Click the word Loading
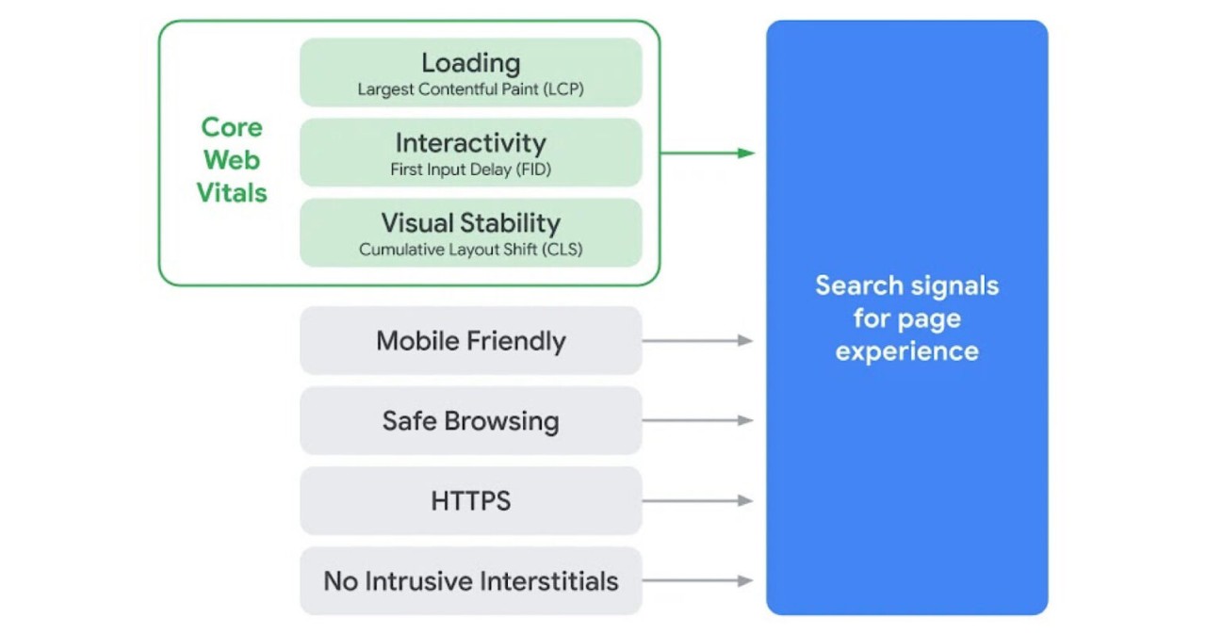click(x=470, y=63)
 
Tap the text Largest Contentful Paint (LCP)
click(x=470, y=90)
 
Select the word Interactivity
click(x=470, y=143)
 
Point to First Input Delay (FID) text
click(x=470, y=171)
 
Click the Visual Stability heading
click(x=470, y=223)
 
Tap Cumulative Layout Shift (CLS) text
click(x=470, y=251)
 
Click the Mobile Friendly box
click(x=470, y=341)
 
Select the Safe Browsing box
click(x=470, y=421)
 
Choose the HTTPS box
click(x=470, y=501)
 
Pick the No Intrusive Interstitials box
click(x=470, y=581)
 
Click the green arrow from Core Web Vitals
click(x=707, y=153)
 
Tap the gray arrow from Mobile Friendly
click(x=697, y=341)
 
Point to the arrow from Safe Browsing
click(x=697, y=421)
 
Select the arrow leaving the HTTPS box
click(x=697, y=501)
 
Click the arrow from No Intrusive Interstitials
click(x=697, y=581)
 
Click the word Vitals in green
click(x=232, y=193)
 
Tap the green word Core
click(x=232, y=127)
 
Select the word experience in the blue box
click(x=906, y=351)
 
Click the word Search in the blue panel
click(x=854, y=285)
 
